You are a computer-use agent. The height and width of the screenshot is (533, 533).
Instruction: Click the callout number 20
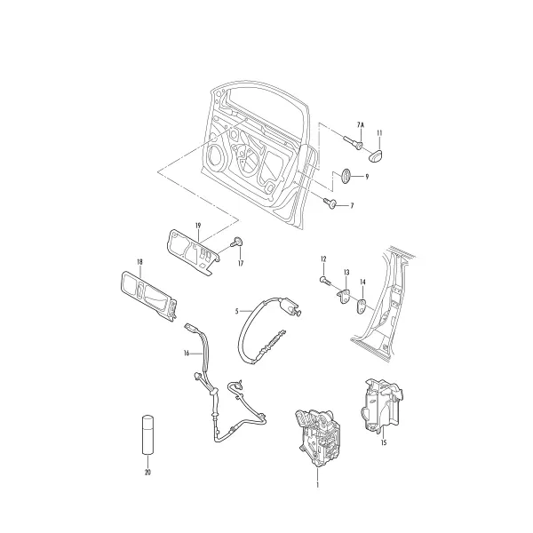click(147, 473)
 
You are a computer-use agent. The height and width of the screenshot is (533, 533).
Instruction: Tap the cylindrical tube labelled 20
click(147, 434)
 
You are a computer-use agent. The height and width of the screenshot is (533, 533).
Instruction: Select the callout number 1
click(317, 485)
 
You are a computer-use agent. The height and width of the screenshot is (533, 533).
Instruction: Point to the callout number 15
click(384, 442)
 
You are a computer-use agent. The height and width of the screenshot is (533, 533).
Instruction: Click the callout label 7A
click(361, 124)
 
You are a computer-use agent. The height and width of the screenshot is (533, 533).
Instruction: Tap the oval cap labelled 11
click(377, 155)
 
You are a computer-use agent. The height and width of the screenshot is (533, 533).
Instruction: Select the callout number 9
click(367, 177)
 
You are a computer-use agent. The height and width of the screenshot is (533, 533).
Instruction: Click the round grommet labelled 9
click(346, 176)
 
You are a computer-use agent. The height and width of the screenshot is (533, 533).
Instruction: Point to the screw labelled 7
click(330, 203)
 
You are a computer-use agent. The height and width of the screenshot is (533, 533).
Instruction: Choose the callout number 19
click(198, 226)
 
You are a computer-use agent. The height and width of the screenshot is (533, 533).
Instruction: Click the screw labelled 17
click(237, 243)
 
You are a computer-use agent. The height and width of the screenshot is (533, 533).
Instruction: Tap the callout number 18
click(139, 262)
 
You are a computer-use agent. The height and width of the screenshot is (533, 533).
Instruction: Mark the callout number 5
click(237, 311)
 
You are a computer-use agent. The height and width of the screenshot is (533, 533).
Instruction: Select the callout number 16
click(187, 354)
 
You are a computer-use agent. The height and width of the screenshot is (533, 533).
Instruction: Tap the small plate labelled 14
click(362, 306)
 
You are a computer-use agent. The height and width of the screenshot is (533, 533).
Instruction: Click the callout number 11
click(379, 133)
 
